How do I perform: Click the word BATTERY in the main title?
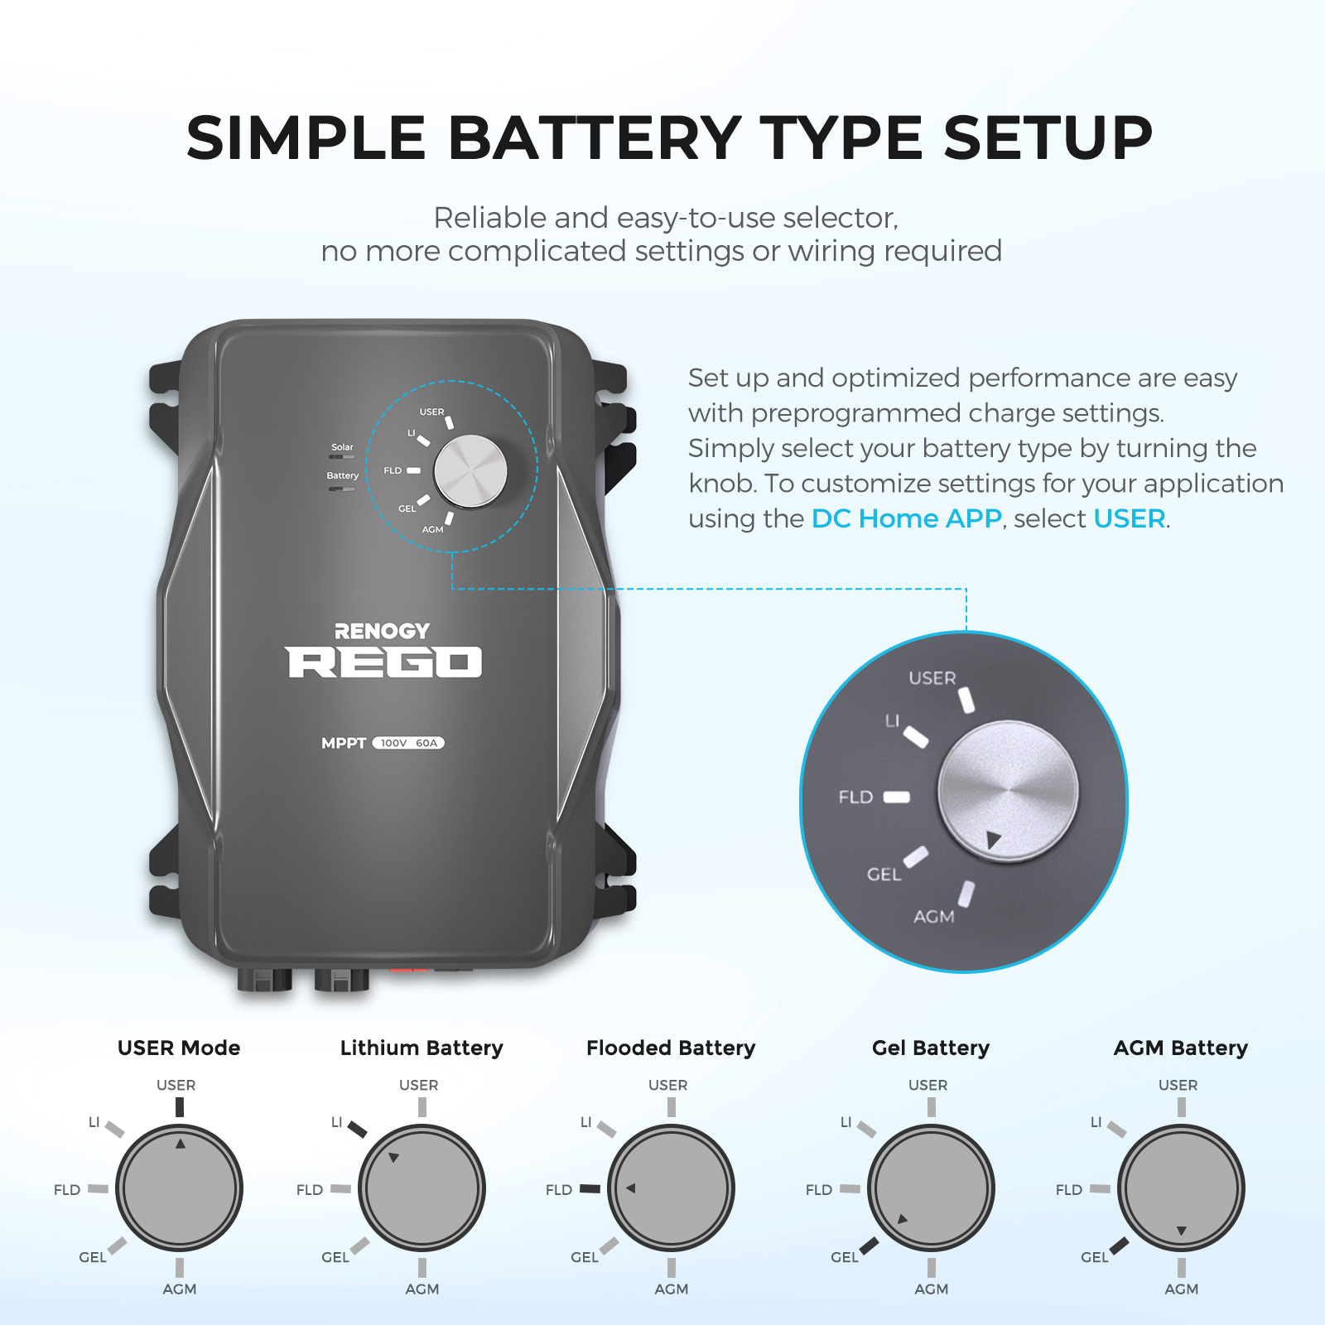(x=594, y=138)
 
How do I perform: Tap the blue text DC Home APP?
(x=906, y=518)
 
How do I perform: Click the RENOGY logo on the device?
(x=382, y=631)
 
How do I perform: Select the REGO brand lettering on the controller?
(x=384, y=662)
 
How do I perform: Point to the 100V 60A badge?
(x=408, y=743)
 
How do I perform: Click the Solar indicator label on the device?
(x=342, y=447)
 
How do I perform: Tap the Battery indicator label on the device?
(x=342, y=475)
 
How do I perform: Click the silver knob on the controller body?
(x=470, y=471)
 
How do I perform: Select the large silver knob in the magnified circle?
(x=1008, y=791)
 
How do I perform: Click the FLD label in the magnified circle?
(x=855, y=797)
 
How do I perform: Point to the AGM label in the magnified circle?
(x=933, y=917)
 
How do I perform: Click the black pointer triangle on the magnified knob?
(x=994, y=841)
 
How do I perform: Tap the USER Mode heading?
(x=179, y=1048)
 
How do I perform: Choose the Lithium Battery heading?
(x=422, y=1048)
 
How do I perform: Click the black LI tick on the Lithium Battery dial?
(x=357, y=1129)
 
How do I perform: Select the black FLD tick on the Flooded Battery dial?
(x=590, y=1188)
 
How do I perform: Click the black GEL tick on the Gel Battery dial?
(x=869, y=1245)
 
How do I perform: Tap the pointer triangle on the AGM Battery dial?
(x=1182, y=1231)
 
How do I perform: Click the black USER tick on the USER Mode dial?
(x=180, y=1107)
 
